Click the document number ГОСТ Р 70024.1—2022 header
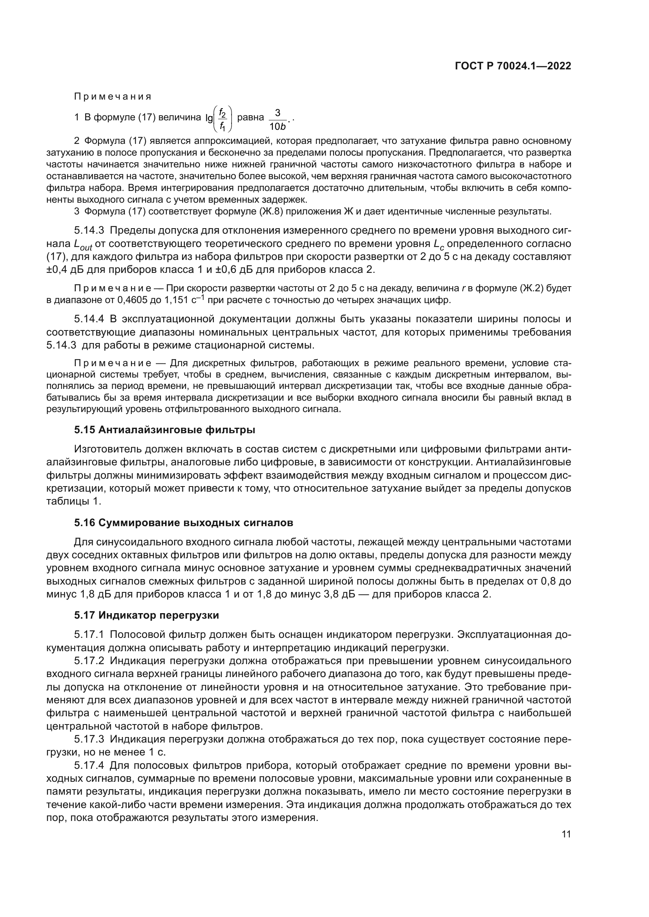[x=513, y=66]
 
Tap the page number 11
[x=566, y=834]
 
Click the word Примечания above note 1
[x=113, y=97]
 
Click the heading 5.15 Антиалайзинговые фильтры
[x=165, y=430]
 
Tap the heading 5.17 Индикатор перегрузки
[x=146, y=615]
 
